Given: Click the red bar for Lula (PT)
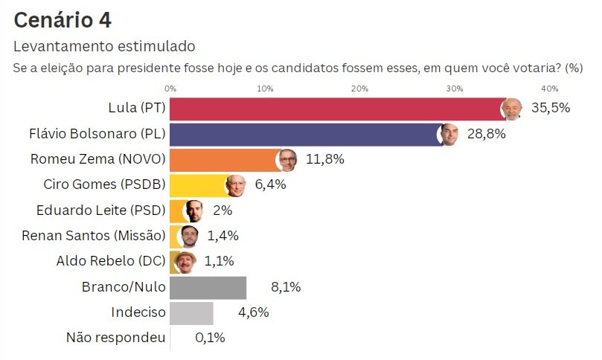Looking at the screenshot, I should click(x=335, y=109).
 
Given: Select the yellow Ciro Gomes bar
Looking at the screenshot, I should click(x=196, y=184).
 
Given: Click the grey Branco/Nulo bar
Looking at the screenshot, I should click(x=208, y=287).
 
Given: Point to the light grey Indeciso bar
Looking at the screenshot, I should click(x=191, y=312).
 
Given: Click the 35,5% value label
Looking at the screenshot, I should click(x=551, y=108).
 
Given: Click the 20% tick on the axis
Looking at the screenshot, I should click(x=359, y=89).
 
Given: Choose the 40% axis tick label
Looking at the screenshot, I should click(x=549, y=89).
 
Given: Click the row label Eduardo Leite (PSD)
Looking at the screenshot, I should click(x=100, y=210).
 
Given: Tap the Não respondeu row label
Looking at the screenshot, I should click(x=115, y=338).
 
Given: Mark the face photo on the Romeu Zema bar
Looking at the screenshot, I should click(x=287, y=160).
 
